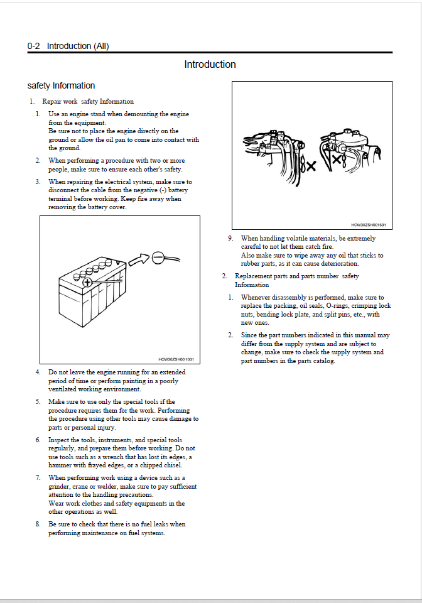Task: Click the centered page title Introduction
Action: tap(210, 64)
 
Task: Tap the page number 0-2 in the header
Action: tap(33, 46)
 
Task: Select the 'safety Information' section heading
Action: tap(61, 85)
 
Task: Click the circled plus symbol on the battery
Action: tap(88, 282)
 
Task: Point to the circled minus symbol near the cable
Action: tap(158, 258)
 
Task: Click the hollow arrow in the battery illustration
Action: tap(138, 259)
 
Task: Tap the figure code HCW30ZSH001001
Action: tap(176, 359)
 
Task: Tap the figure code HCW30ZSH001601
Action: tap(369, 225)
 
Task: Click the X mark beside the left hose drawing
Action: tap(311, 166)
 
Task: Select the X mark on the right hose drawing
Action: tap(337, 158)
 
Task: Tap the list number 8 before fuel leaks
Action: tap(38, 524)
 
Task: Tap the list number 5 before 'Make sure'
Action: tap(38, 401)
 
